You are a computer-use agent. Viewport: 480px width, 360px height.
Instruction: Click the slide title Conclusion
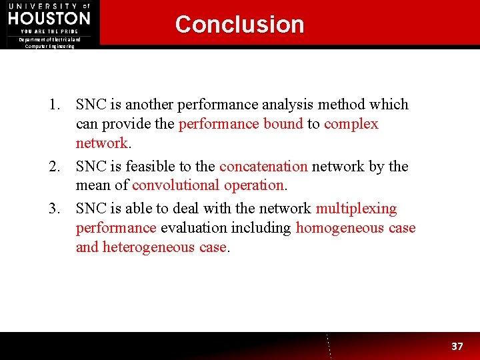click(x=239, y=25)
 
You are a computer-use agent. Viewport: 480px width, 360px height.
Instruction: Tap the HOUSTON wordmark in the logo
click(x=49, y=18)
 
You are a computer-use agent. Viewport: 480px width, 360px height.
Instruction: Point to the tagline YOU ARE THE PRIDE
click(x=49, y=31)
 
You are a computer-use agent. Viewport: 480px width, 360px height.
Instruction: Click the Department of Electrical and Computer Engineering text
click(x=50, y=43)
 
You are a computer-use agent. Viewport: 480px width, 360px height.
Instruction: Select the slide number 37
click(x=457, y=346)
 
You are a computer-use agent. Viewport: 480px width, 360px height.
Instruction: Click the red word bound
click(x=283, y=124)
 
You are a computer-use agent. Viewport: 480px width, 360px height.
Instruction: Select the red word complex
click(x=351, y=124)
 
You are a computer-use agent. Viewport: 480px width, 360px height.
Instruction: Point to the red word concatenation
click(x=263, y=167)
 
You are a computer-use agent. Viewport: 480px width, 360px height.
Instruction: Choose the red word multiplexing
click(x=356, y=209)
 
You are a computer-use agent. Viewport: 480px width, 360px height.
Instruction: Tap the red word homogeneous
click(x=340, y=228)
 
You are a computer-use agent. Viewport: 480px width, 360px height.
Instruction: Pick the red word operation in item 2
click(x=254, y=185)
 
